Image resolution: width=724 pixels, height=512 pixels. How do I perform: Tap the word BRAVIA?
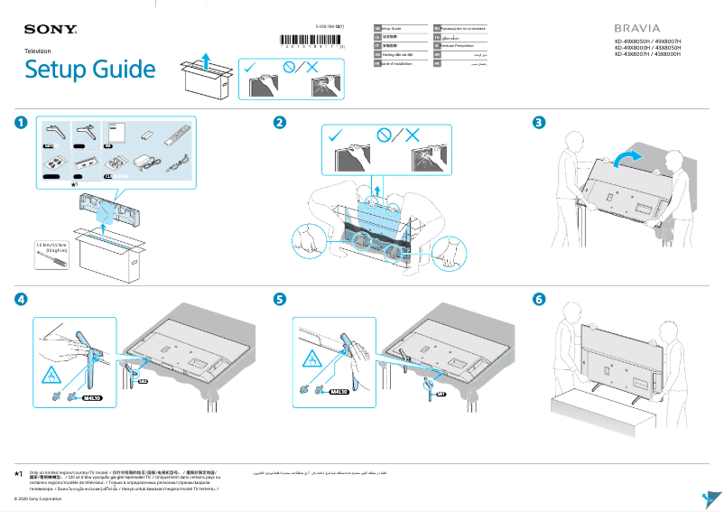point(638,28)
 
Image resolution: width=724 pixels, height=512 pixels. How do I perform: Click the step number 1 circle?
point(20,122)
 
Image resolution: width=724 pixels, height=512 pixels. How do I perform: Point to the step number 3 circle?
point(539,122)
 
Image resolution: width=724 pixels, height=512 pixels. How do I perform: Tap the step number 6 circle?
point(539,298)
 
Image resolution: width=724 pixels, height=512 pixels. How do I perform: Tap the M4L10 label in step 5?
point(339,392)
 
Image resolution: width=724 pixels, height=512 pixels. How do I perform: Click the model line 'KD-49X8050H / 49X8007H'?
point(646,42)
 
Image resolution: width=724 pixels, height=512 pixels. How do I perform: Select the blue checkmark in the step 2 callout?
point(336,135)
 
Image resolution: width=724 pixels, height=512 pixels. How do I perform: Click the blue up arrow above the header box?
point(207,61)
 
